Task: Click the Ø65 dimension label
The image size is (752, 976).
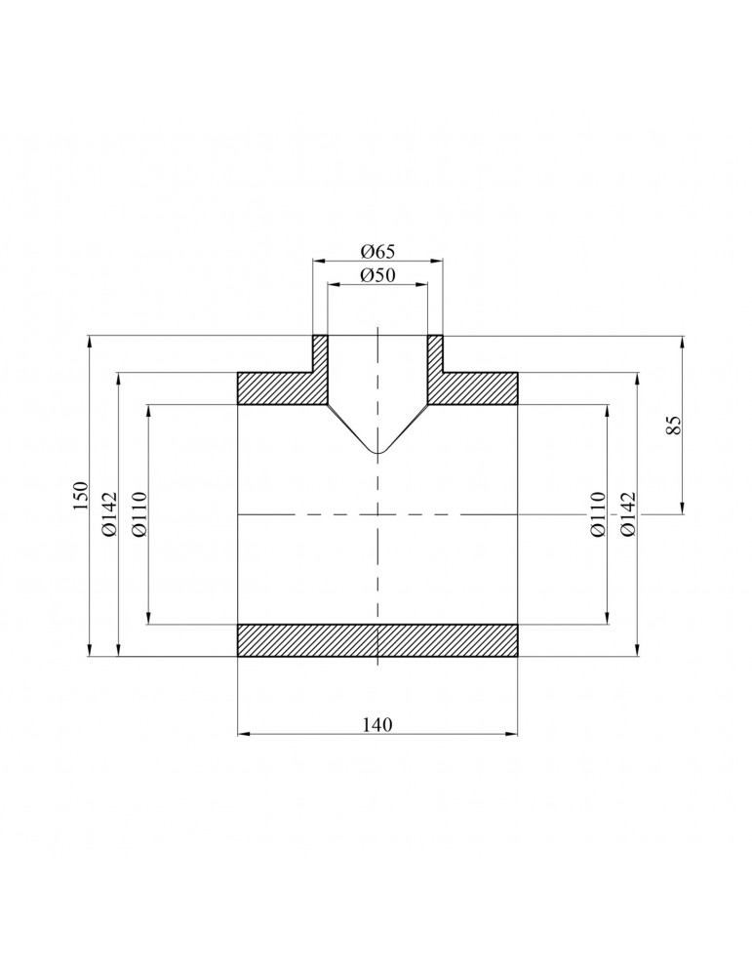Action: coord(377,251)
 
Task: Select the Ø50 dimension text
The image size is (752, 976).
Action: coord(377,275)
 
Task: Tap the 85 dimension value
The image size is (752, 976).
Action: coord(672,425)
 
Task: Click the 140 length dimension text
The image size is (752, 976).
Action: coord(377,724)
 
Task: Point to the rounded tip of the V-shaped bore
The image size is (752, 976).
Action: coord(377,453)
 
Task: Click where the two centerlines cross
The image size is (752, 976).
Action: coord(377,513)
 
